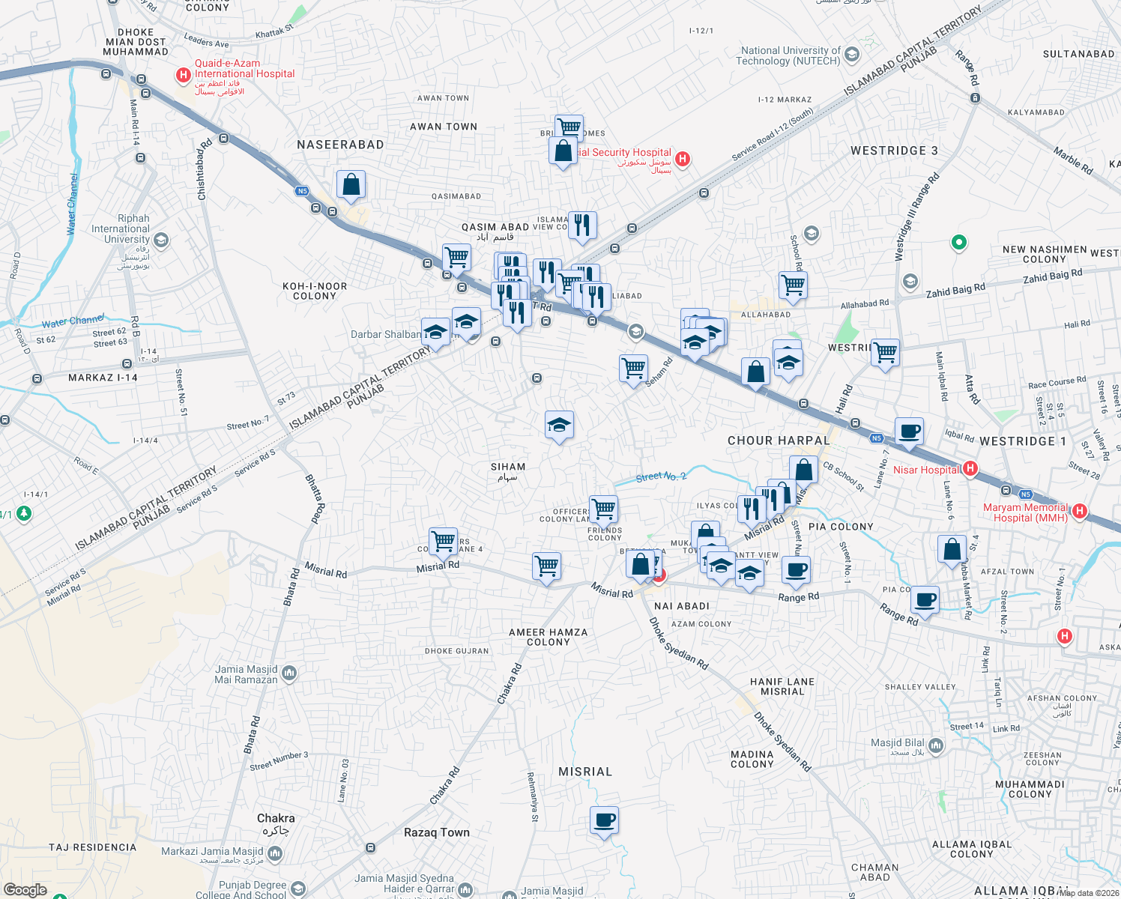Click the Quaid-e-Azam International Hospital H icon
pyautogui.click(x=183, y=75)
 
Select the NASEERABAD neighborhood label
pyautogui.click(x=340, y=145)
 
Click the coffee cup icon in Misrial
pyautogui.click(x=604, y=820)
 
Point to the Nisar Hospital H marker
pyautogui.click(x=970, y=469)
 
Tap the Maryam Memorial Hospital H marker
pyautogui.click(x=1080, y=512)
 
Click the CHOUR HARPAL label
pyautogui.click(x=779, y=441)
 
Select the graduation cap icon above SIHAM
pyautogui.click(x=559, y=426)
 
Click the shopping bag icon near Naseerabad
pyautogui.click(x=351, y=184)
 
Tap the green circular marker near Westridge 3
pyautogui.click(x=958, y=243)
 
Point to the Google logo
pyautogui.click(x=25, y=890)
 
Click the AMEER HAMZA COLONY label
pyautogui.click(x=548, y=637)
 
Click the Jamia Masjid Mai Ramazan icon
pyautogui.click(x=290, y=673)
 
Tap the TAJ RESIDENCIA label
pyautogui.click(x=93, y=847)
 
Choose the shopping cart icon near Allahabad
pyautogui.click(x=793, y=285)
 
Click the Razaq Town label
pyautogui.click(x=437, y=832)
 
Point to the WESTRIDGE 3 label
pyautogui.click(x=894, y=151)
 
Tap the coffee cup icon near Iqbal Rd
pyautogui.click(x=909, y=432)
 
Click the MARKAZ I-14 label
pyautogui.click(x=103, y=378)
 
